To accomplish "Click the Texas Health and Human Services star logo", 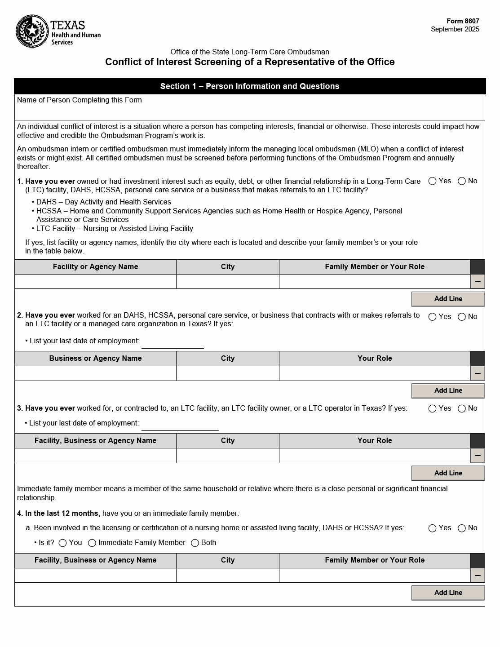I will pos(32,31).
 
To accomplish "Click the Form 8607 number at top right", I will pos(463,21).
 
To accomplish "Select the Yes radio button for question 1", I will pos(433,181).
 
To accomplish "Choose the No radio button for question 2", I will pos(462,317).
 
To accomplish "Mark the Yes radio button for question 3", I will pos(433,408).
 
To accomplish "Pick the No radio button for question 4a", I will pos(462,528).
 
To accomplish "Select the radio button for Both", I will pos(195,543).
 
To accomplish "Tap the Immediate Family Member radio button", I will pos(92,543).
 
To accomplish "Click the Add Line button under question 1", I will pos(448,299).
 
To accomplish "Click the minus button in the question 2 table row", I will pos(478,373).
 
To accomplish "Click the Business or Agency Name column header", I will pos(95,359).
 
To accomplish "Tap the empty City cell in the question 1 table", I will pos(227,282).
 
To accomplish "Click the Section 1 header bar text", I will pos(250,86).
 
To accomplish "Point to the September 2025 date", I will pos(455,29).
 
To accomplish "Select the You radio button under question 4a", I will pos(63,543).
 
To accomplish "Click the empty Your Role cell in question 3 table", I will pos(375,456).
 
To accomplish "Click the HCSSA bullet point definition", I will pos(218,215).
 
